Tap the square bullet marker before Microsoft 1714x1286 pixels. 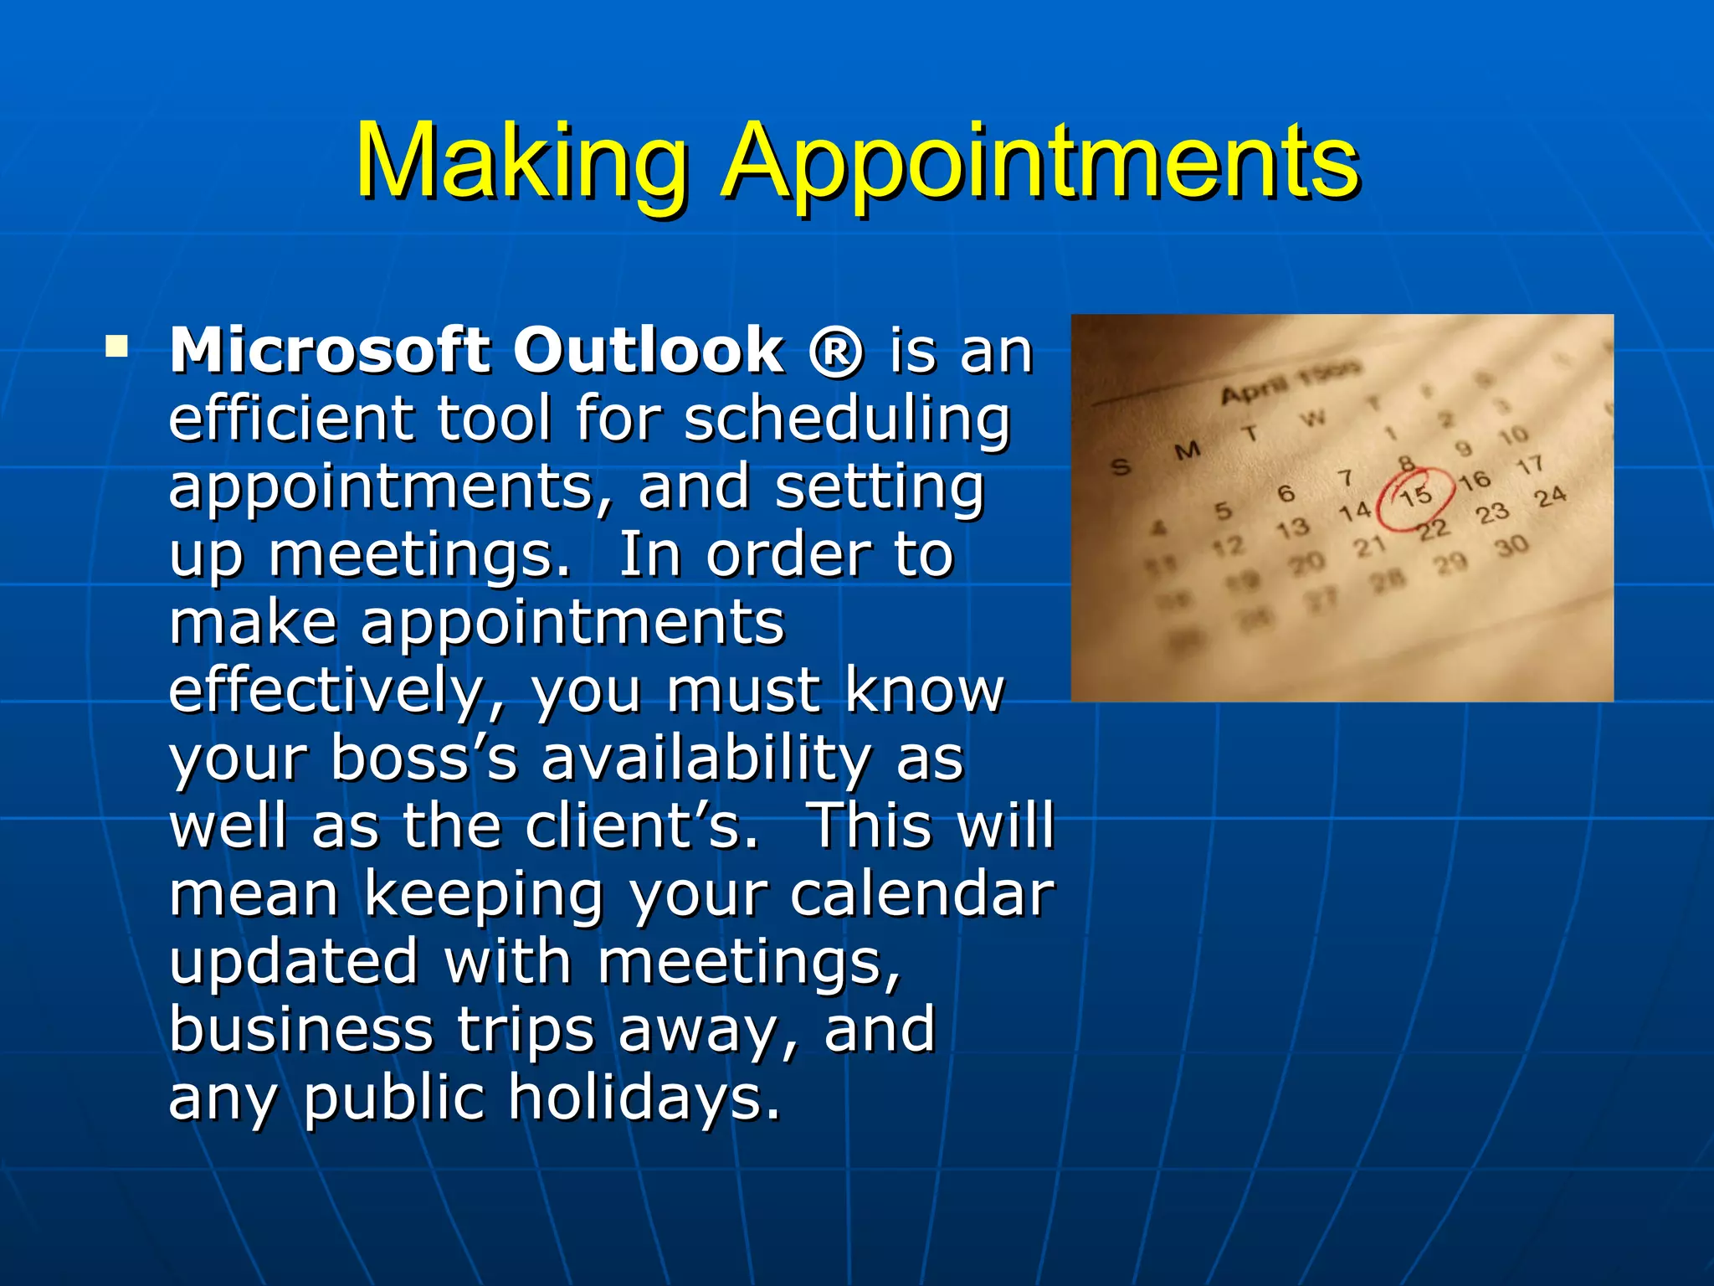(116, 346)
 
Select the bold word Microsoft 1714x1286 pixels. (329, 350)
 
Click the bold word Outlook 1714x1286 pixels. (648, 350)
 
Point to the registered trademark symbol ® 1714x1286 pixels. (835, 352)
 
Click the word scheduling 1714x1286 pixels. (847, 419)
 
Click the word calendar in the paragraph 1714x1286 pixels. (922, 894)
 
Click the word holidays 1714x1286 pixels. (644, 1098)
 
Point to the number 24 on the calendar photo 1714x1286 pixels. (1550, 497)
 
